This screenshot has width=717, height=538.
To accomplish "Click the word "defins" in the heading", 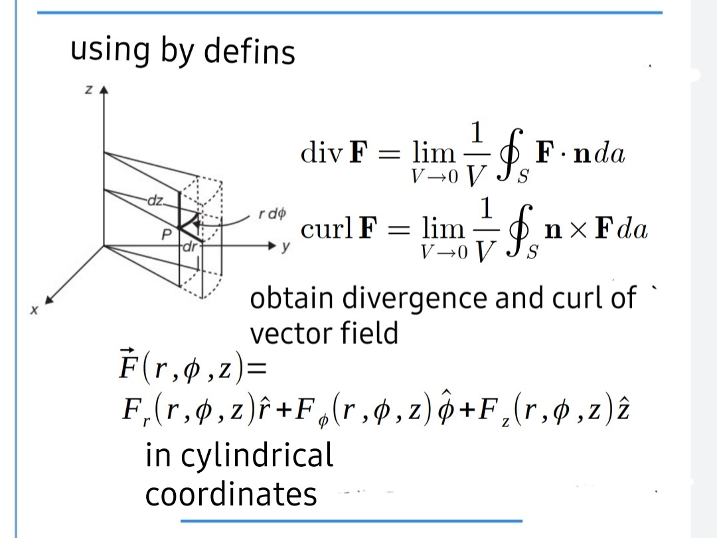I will pos(250,51).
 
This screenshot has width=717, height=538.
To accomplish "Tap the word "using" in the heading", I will pos(110,51).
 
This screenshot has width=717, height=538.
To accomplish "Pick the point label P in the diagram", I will pos(167,234).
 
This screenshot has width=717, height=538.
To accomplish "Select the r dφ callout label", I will pos(272,215).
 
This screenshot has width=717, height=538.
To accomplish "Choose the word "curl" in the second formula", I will pos(326,229).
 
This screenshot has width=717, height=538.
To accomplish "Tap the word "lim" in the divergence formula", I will pos(434,153).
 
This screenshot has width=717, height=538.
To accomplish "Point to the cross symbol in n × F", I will pos(579,230).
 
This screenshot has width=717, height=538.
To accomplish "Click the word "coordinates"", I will pos(231,494).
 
